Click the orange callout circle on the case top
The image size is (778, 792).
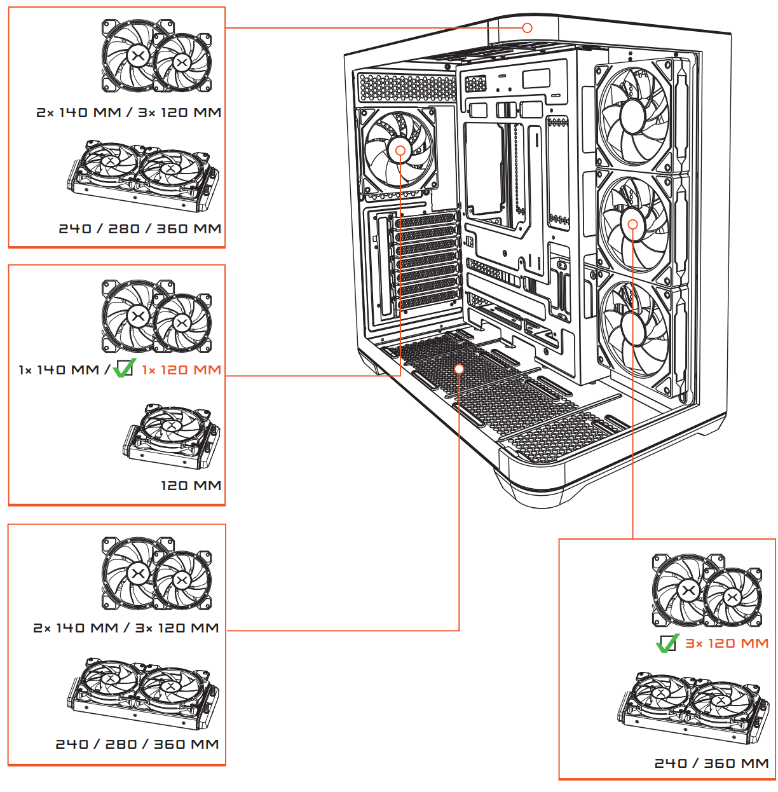[x=527, y=27]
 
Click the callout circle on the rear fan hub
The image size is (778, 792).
[x=400, y=151]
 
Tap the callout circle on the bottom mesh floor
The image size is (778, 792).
[x=459, y=369]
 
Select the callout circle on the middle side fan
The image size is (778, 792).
[x=632, y=224]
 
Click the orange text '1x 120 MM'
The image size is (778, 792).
[x=182, y=370]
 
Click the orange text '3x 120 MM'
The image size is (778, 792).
[x=727, y=643]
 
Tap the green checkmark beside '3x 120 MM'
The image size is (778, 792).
[x=667, y=643]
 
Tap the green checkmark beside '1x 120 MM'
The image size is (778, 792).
[x=125, y=368]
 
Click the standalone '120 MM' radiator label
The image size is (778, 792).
[x=191, y=486]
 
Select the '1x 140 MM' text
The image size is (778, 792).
[x=58, y=370]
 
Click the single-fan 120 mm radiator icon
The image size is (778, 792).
[x=171, y=437]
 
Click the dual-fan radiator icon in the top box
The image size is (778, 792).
[x=143, y=176]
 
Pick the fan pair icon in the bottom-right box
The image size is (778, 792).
[x=707, y=591]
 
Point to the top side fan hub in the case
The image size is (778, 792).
[x=632, y=116]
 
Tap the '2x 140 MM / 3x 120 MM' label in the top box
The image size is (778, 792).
[x=128, y=113]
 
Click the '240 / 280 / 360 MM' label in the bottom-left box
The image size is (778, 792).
[x=137, y=744]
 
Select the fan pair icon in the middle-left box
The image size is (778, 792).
[x=156, y=316]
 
